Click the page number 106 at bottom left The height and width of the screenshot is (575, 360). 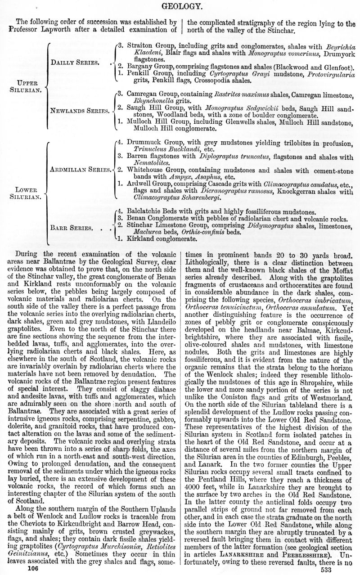coord(33,569)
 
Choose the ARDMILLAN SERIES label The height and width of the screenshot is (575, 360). coord(80,170)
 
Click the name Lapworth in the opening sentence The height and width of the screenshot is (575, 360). coord(62,28)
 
